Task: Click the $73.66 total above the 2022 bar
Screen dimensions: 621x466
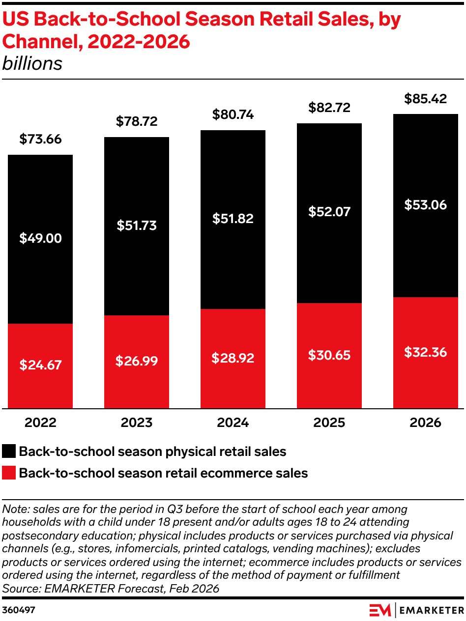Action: point(40,140)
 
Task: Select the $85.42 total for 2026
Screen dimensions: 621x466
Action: point(425,99)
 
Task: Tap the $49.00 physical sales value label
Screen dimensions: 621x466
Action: point(40,239)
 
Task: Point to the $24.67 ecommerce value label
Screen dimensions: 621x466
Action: point(40,365)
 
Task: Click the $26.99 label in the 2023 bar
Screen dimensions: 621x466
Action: point(137,361)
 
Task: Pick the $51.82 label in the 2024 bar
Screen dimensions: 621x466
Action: point(233,219)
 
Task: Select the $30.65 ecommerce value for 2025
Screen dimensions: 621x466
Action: point(329,355)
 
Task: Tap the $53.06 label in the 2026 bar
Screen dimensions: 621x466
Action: point(425,205)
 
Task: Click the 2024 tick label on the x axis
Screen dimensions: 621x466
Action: point(233,423)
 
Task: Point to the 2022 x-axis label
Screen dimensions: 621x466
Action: point(40,423)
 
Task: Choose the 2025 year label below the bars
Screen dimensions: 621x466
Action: point(329,423)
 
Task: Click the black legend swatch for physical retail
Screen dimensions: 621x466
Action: point(9,452)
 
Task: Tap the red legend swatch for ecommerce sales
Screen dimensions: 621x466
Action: point(9,473)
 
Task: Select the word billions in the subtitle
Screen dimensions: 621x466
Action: point(32,64)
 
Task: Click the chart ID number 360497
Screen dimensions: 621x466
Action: point(19,610)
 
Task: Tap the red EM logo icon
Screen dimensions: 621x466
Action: point(380,610)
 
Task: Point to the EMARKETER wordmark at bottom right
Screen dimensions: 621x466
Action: point(431,610)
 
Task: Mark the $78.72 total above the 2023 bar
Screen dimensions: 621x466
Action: point(137,121)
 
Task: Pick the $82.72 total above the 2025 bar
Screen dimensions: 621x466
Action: point(329,108)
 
